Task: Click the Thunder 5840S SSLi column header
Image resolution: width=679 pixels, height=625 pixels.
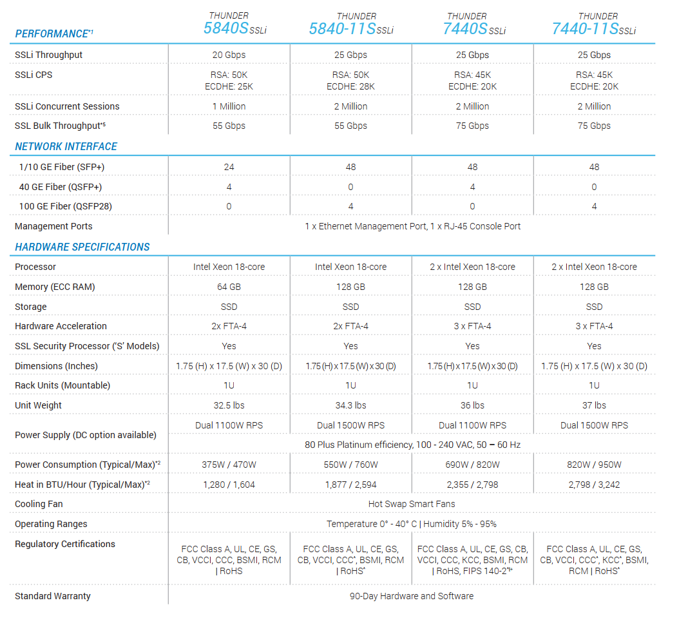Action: coord(229,24)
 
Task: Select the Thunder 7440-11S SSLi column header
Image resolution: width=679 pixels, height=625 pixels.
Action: coord(594,24)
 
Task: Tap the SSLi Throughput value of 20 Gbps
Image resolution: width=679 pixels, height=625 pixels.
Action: coord(229,55)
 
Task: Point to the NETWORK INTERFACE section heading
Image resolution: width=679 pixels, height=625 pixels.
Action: coord(66,146)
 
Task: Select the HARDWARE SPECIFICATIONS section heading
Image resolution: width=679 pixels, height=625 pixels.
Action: coord(82,247)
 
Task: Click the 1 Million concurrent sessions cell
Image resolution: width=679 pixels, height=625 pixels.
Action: coord(229,106)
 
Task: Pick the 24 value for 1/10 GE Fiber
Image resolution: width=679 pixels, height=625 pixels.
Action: coord(229,167)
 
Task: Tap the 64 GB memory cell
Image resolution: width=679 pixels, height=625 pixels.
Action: coord(229,287)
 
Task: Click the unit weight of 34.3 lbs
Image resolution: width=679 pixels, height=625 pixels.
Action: coord(350,405)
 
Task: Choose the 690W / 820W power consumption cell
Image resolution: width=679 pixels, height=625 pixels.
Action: coord(472,465)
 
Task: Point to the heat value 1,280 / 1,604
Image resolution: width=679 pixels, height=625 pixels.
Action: coord(229,485)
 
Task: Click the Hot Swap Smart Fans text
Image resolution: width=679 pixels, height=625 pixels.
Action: coord(411,504)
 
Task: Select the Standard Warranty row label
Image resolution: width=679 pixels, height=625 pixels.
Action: coord(53,596)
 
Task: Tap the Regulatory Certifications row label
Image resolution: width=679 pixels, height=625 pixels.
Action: coord(65,544)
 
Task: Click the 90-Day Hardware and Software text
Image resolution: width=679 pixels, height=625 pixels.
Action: coord(411,596)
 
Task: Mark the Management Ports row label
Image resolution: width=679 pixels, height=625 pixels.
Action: coord(53,226)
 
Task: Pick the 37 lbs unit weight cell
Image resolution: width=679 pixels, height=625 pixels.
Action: coord(594,405)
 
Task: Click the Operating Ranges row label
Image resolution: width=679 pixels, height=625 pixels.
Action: coord(51,524)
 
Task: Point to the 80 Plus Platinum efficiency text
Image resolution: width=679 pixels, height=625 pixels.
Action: coord(411,445)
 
